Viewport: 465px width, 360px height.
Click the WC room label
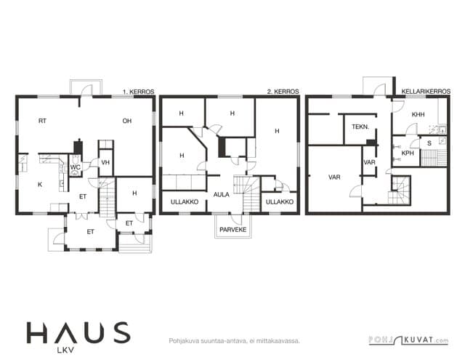click(x=76, y=167)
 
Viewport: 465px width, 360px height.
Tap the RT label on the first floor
click(x=42, y=121)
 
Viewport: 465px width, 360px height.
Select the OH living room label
click(x=127, y=121)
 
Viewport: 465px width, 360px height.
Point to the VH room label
click(x=105, y=162)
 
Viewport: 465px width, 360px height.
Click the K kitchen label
click(x=40, y=184)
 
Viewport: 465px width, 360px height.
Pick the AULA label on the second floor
click(x=221, y=195)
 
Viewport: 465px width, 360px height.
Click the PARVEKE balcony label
click(x=233, y=230)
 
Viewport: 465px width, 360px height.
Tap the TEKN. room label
click(x=360, y=127)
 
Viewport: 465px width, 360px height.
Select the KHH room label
click(x=418, y=114)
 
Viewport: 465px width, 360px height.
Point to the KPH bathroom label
click(x=408, y=153)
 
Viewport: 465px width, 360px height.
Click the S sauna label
click(x=429, y=143)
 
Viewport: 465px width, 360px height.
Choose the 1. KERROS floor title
click(x=139, y=92)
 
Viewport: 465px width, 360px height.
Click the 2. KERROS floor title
click(x=283, y=92)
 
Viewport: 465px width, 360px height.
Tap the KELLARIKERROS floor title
click(x=426, y=92)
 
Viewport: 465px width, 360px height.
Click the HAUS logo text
click(x=78, y=332)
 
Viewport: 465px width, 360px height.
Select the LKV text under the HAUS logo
click(x=65, y=351)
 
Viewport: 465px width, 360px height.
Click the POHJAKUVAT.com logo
click(x=408, y=340)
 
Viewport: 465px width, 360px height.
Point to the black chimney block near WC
click(x=78, y=147)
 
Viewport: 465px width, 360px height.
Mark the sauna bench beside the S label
click(x=434, y=158)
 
